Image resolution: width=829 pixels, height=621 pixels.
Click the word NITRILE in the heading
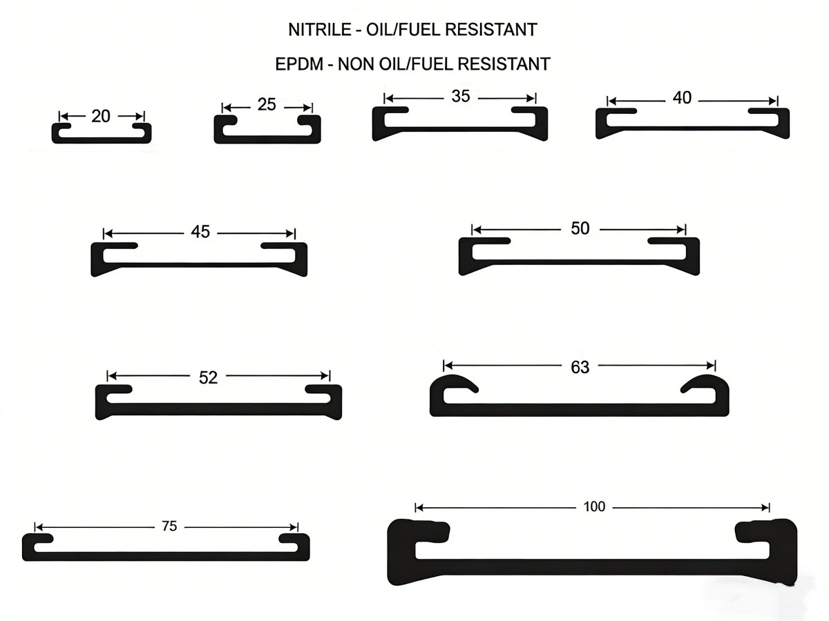click(320, 30)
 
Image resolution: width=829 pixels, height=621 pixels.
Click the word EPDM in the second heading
click(299, 64)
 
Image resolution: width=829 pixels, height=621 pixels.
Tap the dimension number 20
click(101, 116)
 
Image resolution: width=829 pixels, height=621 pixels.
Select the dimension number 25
click(267, 104)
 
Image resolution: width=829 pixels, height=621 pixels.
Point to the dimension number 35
click(461, 96)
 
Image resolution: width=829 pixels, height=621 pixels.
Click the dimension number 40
click(682, 98)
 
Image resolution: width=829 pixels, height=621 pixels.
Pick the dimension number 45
click(200, 232)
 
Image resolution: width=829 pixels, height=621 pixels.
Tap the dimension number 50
click(580, 228)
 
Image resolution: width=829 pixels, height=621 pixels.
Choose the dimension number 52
click(208, 377)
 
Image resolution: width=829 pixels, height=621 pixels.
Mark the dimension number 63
click(580, 367)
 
